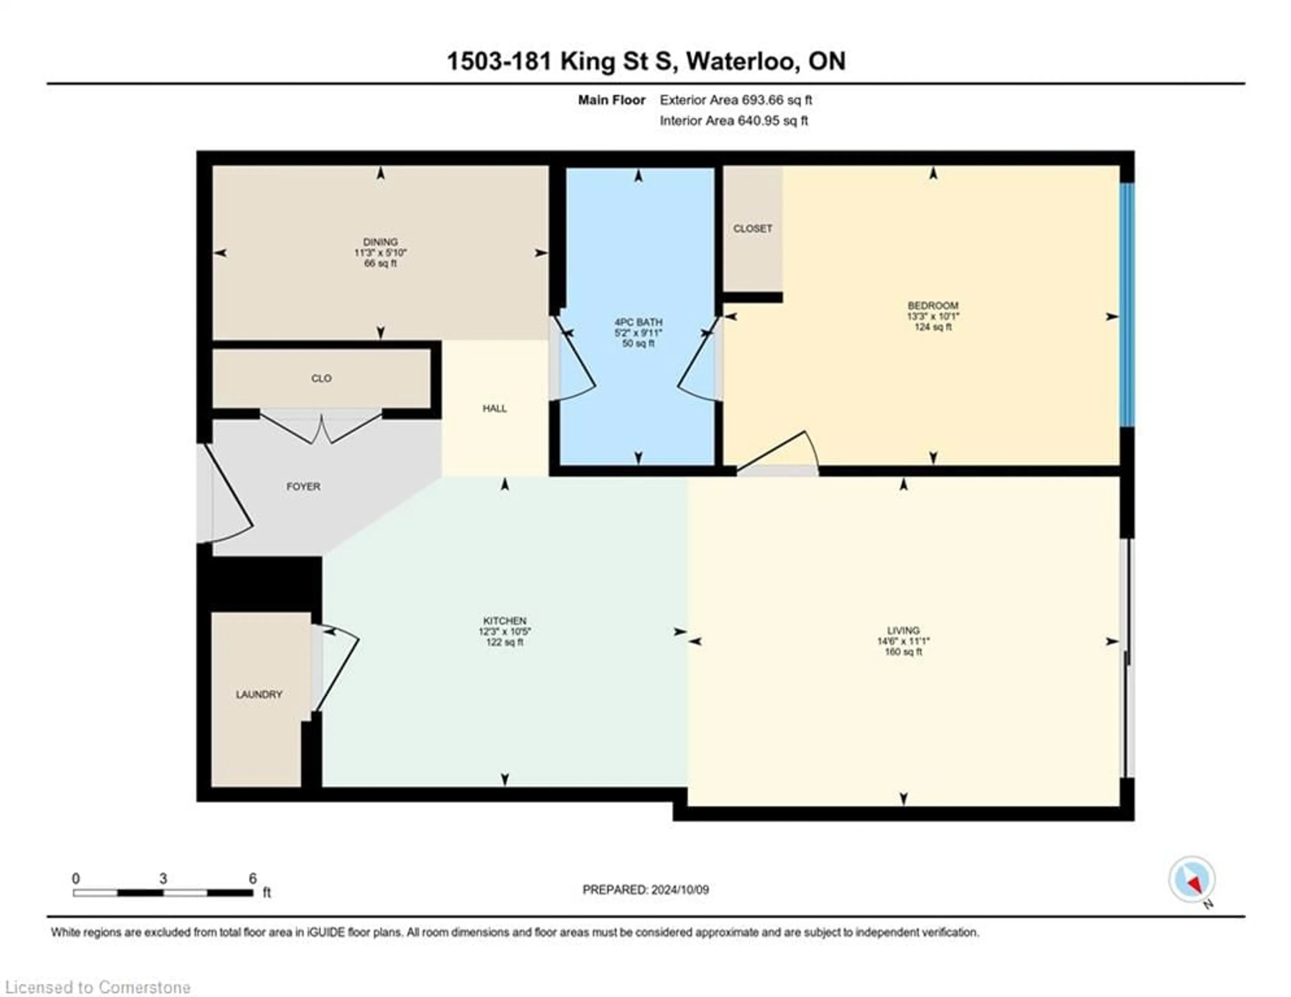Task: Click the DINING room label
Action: tap(380, 242)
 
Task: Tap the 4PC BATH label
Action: tap(638, 322)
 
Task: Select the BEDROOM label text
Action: tap(933, 306)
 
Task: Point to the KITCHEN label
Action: tap(505, 621)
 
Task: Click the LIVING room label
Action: tap(903, 630)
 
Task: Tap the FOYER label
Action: tap(303, 487)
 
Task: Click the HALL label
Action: tap(495, 409)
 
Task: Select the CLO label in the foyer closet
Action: tap(321, 378)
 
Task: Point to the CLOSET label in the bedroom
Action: tap(752, 228)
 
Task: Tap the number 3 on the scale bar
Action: tap(163, 879)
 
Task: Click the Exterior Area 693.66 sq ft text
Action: tap(736, 100)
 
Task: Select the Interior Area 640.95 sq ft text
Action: tap(734, 121)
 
